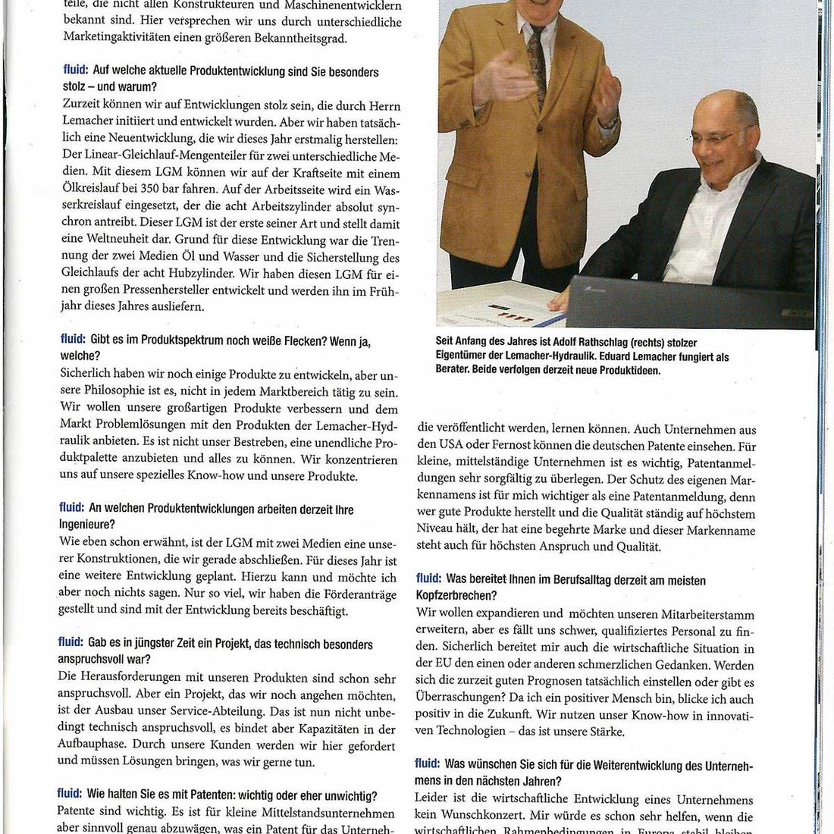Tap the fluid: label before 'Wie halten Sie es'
69,793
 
